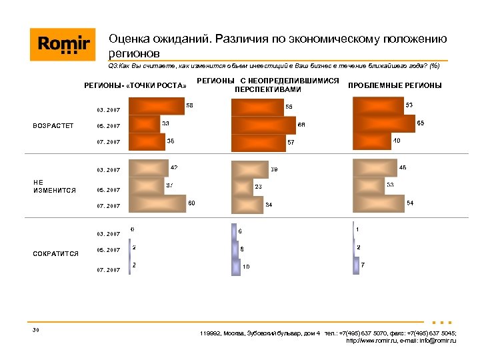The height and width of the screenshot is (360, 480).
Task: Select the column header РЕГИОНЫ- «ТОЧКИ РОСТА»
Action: click(135, 85)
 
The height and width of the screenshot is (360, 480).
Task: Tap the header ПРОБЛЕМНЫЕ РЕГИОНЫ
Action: click(395, 85)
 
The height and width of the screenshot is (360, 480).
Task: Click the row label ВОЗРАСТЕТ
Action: click(53, 126)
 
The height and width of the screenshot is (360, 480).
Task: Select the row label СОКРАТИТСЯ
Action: click(56, 253)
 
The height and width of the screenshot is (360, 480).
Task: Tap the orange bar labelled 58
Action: click(155, 107)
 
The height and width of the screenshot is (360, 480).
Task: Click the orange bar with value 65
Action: click(383, 124)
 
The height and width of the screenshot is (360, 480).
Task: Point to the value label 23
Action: click(259, 187)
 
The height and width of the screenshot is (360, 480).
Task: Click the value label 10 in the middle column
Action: click(246, 267)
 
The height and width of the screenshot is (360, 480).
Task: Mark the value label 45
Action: click(403, 167)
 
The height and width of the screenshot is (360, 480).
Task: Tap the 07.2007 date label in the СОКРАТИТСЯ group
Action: click(109, 270)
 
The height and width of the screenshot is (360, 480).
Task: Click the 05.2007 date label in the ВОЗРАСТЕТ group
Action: click(109, 126)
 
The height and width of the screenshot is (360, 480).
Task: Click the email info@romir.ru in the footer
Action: click(423, 341)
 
